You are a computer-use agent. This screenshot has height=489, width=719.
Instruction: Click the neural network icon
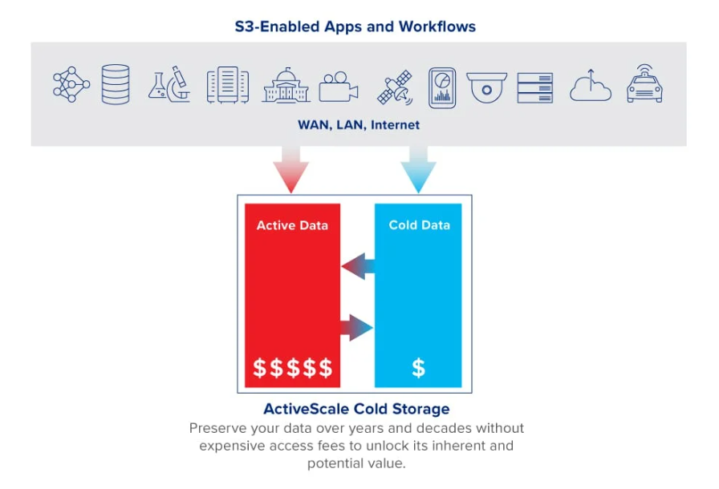pos(71,84)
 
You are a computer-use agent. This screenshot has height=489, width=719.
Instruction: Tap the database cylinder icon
pos(116,84)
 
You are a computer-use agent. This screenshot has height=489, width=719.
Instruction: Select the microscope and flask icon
pos(169,84)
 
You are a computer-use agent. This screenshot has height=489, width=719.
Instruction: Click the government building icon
pos(286,85)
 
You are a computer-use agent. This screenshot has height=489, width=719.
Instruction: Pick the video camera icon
pos(339,87)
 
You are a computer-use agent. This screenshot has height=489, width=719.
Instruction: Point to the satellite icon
pos(396,87)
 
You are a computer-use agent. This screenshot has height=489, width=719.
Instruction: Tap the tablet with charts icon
pos(442,87)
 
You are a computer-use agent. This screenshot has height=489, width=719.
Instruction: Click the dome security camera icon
pos(486,87)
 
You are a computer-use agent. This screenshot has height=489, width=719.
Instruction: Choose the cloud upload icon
pos(591,86)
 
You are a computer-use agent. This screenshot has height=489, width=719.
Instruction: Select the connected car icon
pos(644,84)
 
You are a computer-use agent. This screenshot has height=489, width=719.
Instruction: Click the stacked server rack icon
pos(534,87)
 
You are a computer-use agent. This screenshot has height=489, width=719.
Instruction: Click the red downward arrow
pos(290,169)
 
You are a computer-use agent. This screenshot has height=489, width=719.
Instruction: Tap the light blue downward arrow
pos(418,169)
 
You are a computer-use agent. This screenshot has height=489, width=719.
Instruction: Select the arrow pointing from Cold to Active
pos(358,266)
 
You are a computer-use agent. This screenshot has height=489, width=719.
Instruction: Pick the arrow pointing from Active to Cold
pos(357,327)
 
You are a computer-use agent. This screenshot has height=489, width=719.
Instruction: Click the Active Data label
pos(292,225)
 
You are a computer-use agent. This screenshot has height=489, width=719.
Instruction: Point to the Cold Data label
pos(419,224)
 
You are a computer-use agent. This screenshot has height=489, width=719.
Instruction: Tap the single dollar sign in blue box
pos(418,368)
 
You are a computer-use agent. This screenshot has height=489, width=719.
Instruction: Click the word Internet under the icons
pos(395,125)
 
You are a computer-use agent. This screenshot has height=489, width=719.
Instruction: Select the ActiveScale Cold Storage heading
pos(356,409)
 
